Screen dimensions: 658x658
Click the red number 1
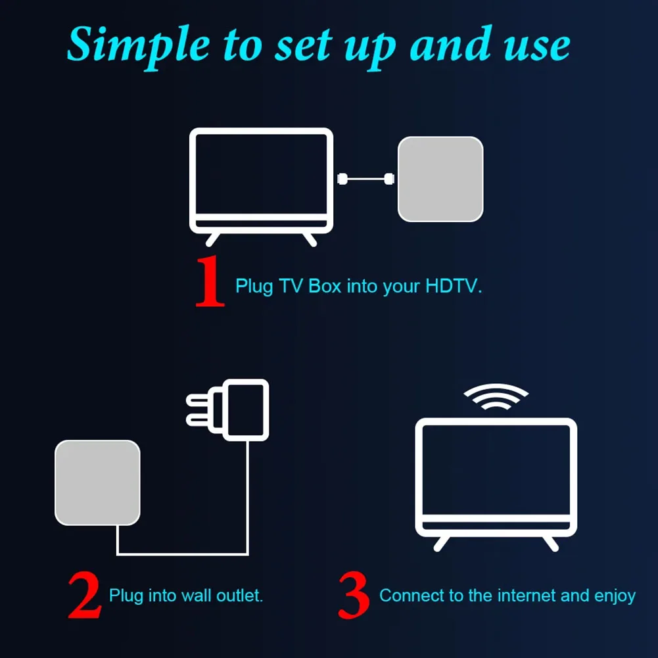[x=210, y=283]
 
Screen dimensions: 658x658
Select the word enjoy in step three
[x=614, y=597]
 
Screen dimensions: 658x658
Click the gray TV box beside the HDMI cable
[x=440, y=179]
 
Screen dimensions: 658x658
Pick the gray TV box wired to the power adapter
[x=97, y=482]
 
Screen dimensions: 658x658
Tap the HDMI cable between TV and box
[x=366, y=178]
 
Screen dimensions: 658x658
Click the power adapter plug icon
[x=245, y=409]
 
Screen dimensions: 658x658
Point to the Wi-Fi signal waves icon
[x=496, y=397]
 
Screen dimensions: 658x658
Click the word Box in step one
[x=325, y=287]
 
